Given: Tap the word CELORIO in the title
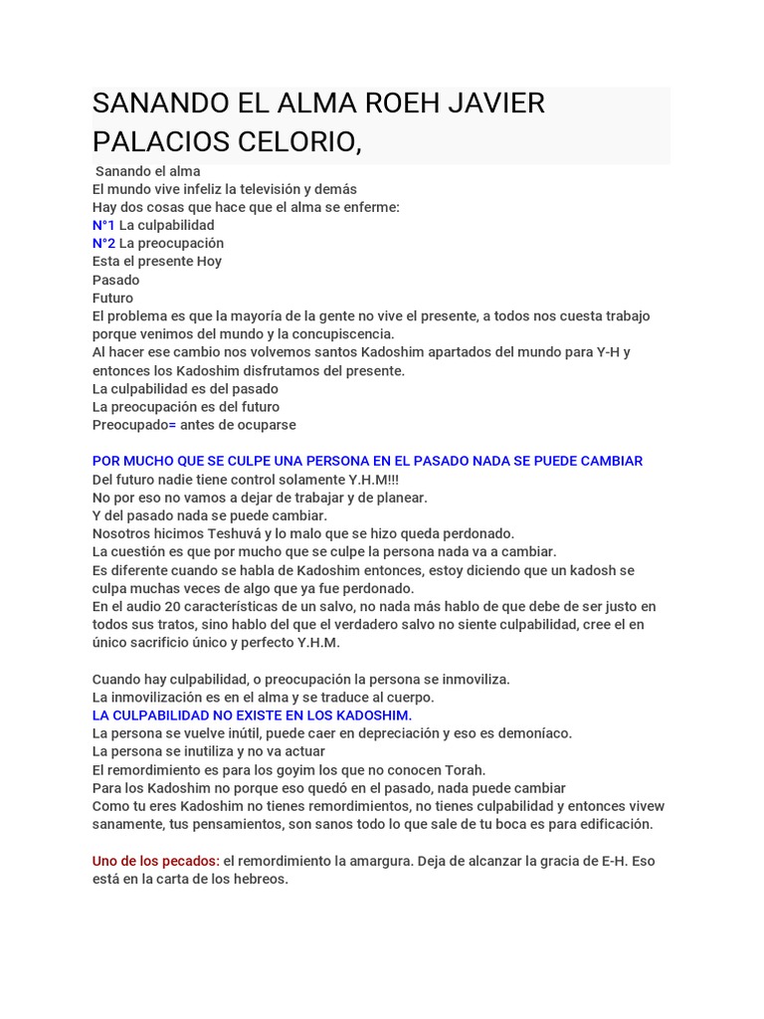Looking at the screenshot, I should pyautogui.click(x=290, y=141).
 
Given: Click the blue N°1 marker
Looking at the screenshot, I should pyautogui.click(x=103, y=225).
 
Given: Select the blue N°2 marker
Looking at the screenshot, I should pyautogui.click(x=103, y=243).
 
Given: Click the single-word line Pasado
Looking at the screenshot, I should pyautogui.click(x=116, y=280).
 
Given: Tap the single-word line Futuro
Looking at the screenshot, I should pyautogui.click(x=112, y=298).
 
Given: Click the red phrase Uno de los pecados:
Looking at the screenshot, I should pyautogui.click(x=155, y=860).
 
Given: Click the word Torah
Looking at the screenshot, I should pyautogui.click(x=464, y=769).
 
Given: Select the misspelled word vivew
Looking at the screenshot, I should pyautogui.click(x=645, y=806).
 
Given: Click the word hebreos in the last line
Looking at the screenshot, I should pyautogui.click(x=259, y=879).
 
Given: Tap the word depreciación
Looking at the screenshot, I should pyautogui.click(x=425, y=733).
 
